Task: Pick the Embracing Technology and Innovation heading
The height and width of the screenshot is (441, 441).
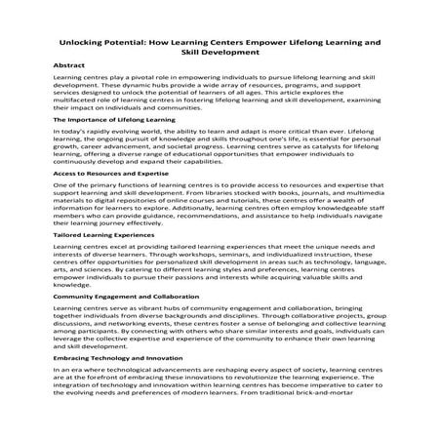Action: [121, 359]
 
